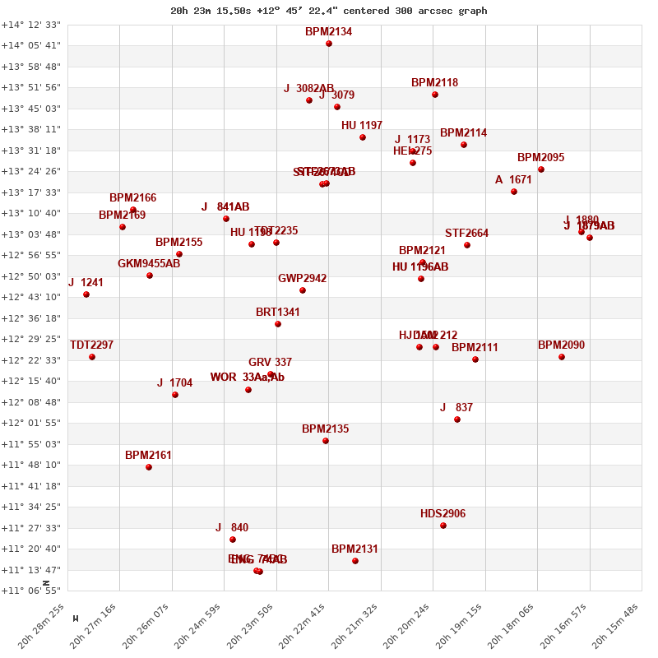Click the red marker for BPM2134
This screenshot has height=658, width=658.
click(x=329, y=44)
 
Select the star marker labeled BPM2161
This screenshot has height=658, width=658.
click(x=149, y=467)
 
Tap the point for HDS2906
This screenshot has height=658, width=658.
click(x=443, y=526)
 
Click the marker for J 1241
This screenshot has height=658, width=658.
click(x=86, y=294)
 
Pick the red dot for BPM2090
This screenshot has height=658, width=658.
click(x=562, y=357)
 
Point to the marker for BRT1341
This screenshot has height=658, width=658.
click(x=278, y=324)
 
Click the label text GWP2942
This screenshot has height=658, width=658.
click(x=302, y=279)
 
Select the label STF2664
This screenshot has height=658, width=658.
click(x=466, y=234)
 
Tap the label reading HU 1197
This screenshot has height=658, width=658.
click(x=362, y=126)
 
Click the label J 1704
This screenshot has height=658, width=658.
click(x=174, y=383)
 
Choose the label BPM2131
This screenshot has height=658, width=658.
click(x=354, y=549)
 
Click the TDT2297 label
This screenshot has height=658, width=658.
click(x=91, y=345)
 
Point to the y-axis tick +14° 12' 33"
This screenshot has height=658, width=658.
click(x=30, y=25)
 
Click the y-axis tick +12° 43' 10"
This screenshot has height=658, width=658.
click(x=30, y=297)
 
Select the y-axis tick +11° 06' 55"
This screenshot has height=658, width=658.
click(x=30, y=591)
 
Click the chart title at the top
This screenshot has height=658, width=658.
click(x=328, y=11)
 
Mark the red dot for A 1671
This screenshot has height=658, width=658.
click(x=514, y=192)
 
